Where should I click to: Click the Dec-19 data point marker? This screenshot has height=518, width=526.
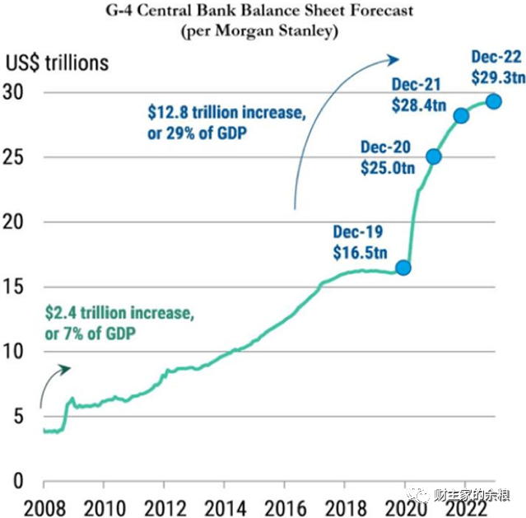(x=403, y=268)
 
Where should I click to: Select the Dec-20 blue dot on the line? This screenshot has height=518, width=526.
(x=434, y=156)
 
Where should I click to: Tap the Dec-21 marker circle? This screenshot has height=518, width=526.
(x=461, y=116)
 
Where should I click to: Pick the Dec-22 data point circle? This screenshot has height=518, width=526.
(x=494, y=101)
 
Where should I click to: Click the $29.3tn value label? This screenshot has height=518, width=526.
(x=499, y=77)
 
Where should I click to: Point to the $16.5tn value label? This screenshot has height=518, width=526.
(x=360, y=253)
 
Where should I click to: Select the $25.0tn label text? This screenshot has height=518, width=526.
(x=388, y=168)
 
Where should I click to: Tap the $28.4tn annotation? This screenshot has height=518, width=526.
(x=419, y=105)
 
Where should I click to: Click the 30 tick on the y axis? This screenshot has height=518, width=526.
(x=13, y=91)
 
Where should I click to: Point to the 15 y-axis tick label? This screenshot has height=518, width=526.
(x=13, y=287)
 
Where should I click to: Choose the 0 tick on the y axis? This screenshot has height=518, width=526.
(x=18, y=481)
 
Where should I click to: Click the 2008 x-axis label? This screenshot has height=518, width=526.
(x=44, y=509)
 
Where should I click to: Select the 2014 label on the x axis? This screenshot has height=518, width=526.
(x=226, y=509)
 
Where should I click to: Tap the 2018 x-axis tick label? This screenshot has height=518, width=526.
(x=346, y=509)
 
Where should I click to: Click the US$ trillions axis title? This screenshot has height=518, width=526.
(x=57, y=63)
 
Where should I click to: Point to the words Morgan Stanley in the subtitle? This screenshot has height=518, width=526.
(x=276, y=31)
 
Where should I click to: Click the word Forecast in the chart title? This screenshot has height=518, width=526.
(x=382, y=11)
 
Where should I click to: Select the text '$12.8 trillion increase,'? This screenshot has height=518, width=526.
(x=226, y=113)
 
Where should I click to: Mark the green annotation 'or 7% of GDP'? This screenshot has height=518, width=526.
(x=91, y=334)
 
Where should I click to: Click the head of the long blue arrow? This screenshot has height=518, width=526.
(x=393, y=59)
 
